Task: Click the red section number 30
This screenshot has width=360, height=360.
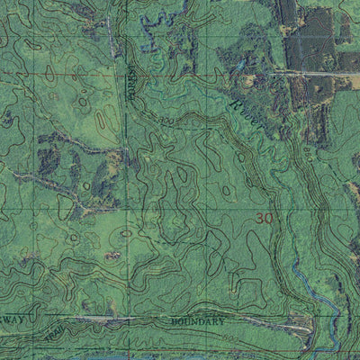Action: click(263, 218)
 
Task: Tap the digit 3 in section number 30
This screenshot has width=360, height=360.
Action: click(259, 218)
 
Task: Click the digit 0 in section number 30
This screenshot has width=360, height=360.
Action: click(267, 218)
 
